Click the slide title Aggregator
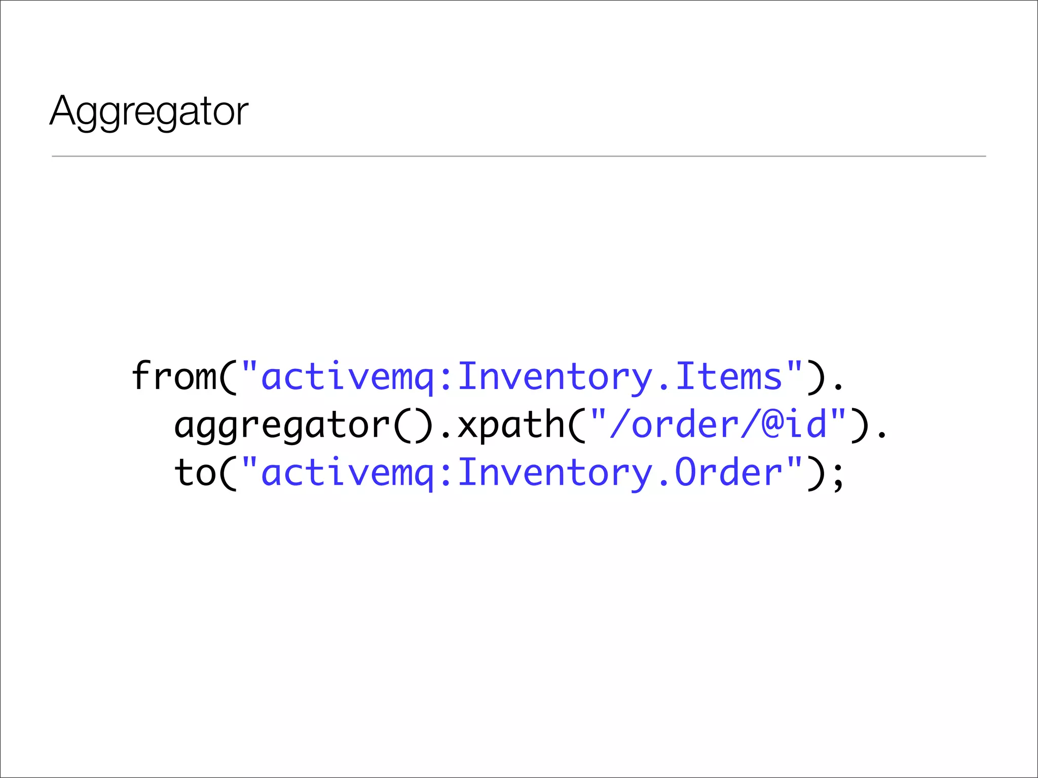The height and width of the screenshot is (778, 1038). (149, 111)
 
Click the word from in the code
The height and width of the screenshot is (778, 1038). (174, 376)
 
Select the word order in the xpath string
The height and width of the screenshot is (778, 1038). (685, 424)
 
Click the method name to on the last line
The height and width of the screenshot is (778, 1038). (195, 473)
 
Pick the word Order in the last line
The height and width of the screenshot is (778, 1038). (729, 473)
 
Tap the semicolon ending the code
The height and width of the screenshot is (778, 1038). (838, 476)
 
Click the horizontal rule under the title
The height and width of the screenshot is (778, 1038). (519, 157)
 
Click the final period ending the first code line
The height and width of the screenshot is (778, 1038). (838, 387)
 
